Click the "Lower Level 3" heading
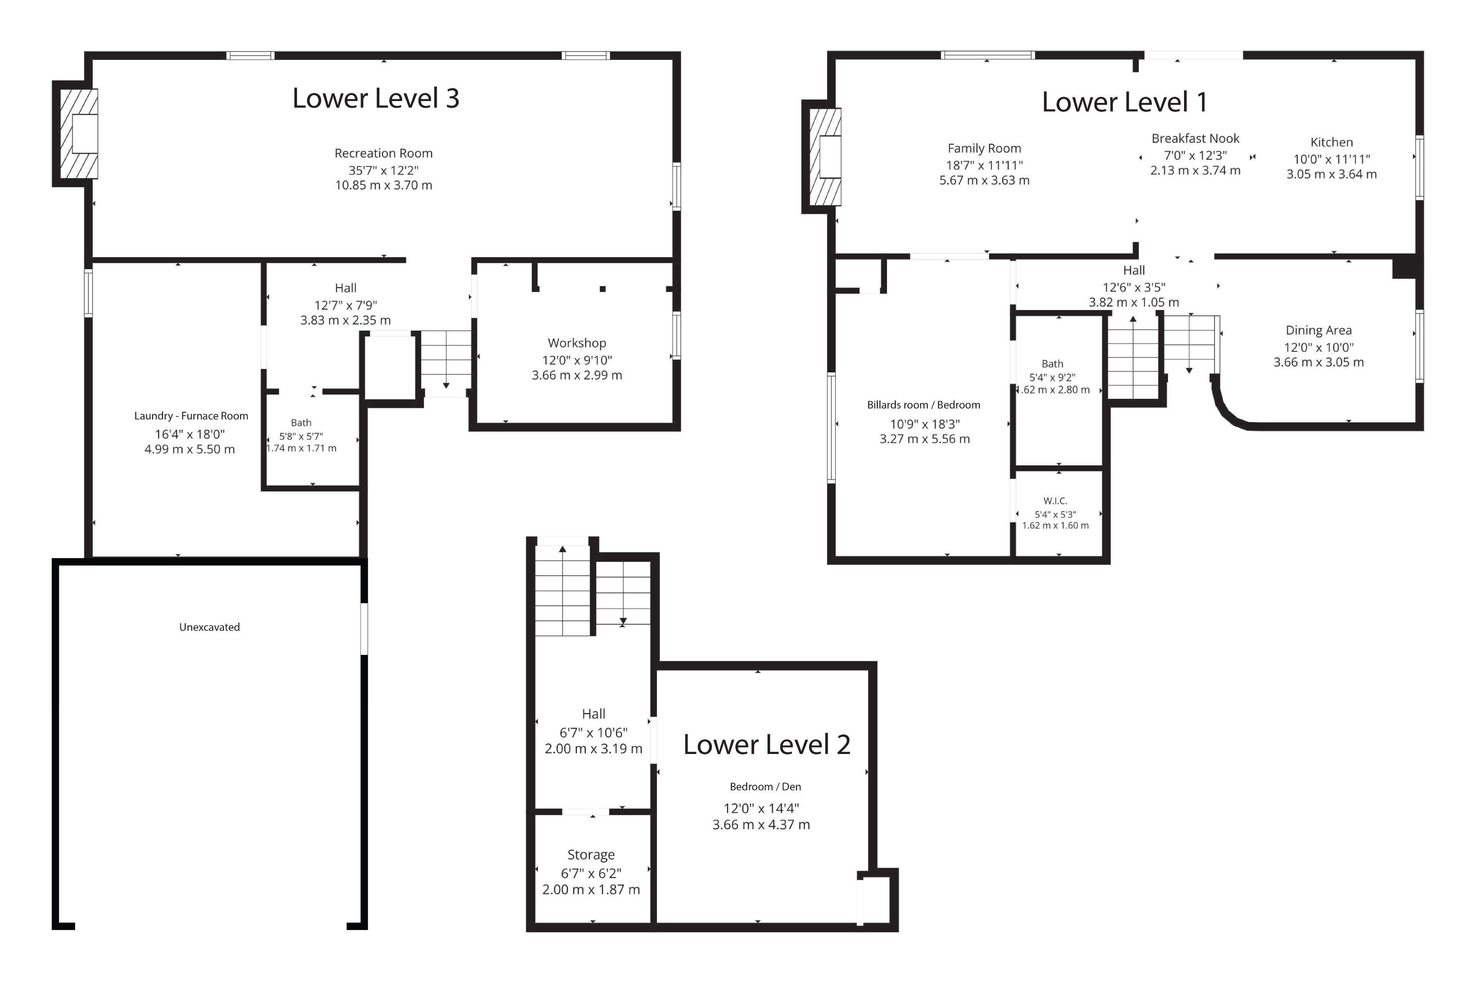click(x=376, y=98)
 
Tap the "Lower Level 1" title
click(x=1125, y=102)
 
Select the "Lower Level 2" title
click(x=766, y=745)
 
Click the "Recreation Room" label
click(x=384, y=153)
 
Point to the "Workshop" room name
click(x=577, y=343)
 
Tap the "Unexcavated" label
click(x=210, y=627)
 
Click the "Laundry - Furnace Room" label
click(x=191, y=416)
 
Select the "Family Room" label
click(x=984, y=149)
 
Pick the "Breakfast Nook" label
click(x=1195, y=139)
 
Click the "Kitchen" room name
click(x=1331, y=142)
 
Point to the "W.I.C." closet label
click(x=1055, y=501)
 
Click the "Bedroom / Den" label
click(x=765, y=787)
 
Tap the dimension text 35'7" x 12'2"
click(x=384, y=170)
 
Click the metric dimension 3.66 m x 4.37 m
click(x=761, y=825)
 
